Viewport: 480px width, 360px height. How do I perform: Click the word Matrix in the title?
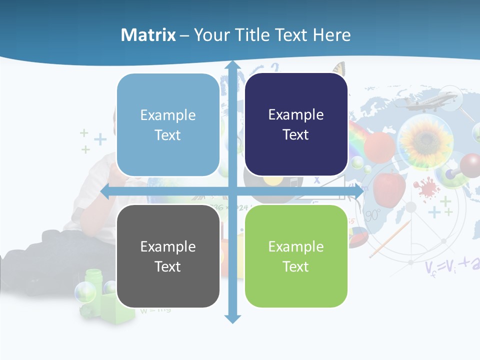[148, 35]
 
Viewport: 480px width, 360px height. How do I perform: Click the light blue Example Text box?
[168, 125]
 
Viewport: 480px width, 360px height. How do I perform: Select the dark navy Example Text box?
[296, 124]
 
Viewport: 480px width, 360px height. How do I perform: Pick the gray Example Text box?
[168, 256]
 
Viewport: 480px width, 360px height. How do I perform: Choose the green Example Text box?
[296, 256]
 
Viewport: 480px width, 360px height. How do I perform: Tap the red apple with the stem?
[389, 187]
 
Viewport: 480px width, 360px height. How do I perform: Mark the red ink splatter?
[425, 186]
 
